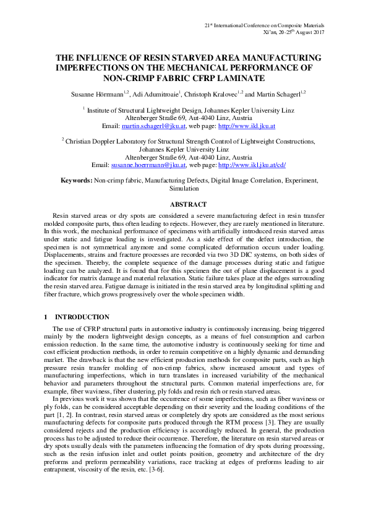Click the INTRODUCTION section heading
pyautogui.click(x=77, y=316)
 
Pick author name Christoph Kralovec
pyautogui.click(x=211, y=93)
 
